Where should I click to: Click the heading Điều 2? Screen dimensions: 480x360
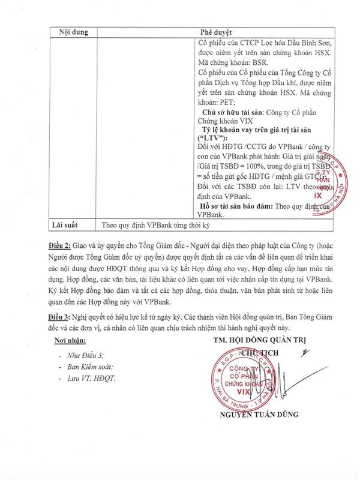pos(63,245)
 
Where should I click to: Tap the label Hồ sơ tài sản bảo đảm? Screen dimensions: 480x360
pos(235,206)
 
